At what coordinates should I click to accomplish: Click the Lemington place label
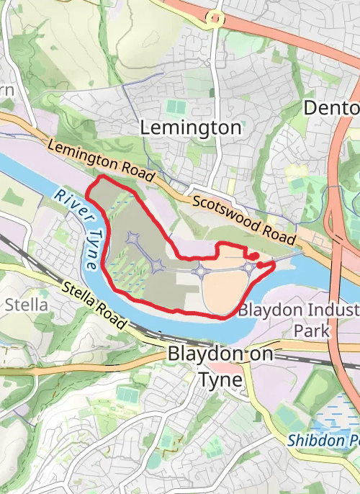click(191, 128)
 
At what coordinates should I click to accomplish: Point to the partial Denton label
click(331, 108)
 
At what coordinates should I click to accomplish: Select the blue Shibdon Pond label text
click(323, 439)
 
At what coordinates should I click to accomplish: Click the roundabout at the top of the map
click(214, 17)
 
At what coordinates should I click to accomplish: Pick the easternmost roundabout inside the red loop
click(248, 269)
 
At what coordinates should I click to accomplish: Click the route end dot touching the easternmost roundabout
click(260, 265)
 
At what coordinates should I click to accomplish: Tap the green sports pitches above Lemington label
click(174, 106)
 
